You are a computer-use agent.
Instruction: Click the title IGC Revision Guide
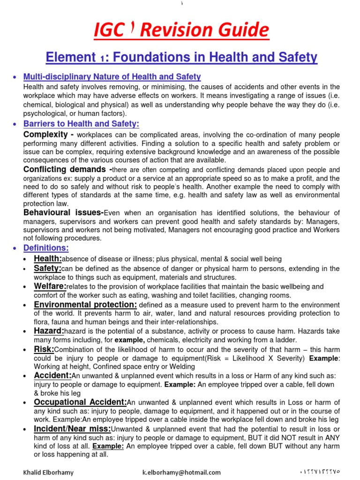click(181, 30)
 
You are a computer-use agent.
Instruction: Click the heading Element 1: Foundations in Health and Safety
click(181, 58)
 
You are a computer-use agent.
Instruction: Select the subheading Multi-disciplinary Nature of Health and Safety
click(112, 76)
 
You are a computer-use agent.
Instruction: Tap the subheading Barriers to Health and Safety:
click(81, 124)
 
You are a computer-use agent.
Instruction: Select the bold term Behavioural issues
click(63, 213)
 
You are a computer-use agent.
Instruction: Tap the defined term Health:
click(48, 258)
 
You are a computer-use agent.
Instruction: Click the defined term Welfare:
click(50, 286)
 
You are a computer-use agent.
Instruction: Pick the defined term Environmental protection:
click(85, 304)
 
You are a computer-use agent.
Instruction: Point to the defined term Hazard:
click(49, 331)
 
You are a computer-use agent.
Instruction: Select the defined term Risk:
click(44, 349)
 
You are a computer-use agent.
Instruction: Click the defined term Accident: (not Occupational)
click(52, 375)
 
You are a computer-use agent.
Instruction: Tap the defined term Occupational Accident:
click(80, 402)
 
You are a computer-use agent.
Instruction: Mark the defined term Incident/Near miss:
click(72, 429)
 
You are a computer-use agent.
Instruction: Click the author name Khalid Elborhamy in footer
click(48, 472)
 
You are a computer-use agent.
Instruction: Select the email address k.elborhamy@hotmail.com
click(181, 472)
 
